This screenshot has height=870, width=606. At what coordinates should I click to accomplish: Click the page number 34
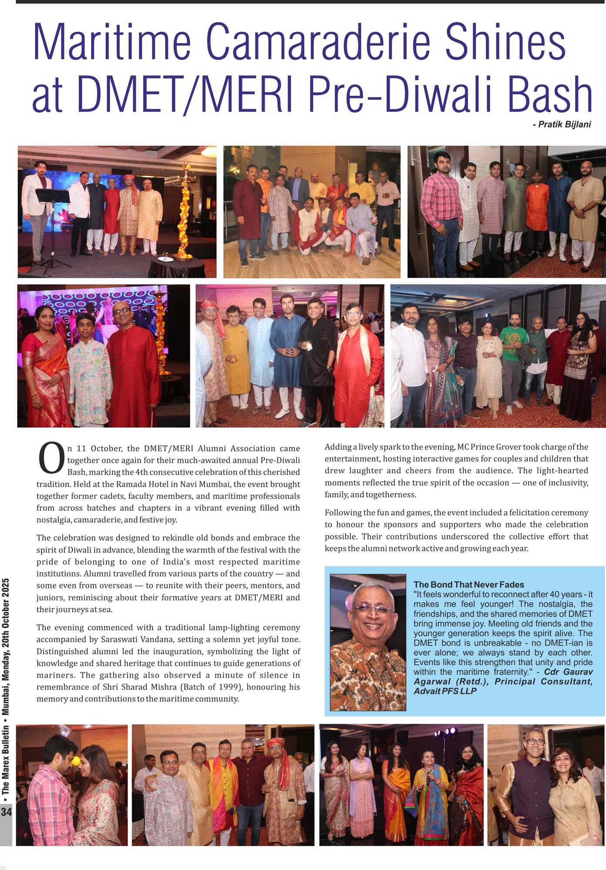7,812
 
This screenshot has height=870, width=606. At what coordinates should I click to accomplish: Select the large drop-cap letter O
51,458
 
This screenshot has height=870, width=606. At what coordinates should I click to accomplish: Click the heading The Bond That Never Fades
468,585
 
